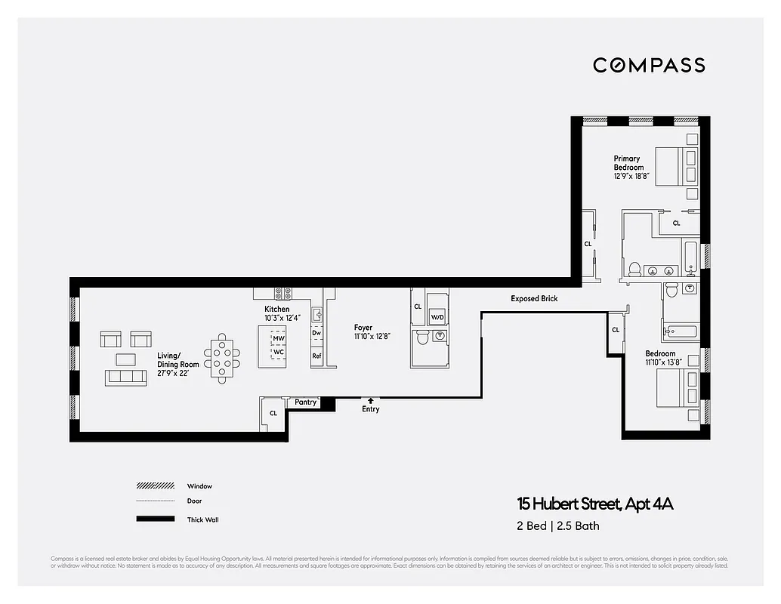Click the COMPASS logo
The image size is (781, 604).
click(x=649, y=65)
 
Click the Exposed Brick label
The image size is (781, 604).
click(x=534, y=299)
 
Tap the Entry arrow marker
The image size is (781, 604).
click(x=370, y=401)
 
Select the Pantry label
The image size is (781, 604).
click(x=305, y=402)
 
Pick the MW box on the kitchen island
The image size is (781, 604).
click(x=279, y=339)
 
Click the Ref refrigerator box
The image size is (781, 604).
click(x=317, y=356)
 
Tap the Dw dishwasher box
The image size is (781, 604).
click(x=316, y=333)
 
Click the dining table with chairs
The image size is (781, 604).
click(x=222, y=357)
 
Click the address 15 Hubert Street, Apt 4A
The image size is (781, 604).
click(x=594, y=504)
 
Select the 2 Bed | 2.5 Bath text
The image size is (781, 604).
click(x=554, y=526)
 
